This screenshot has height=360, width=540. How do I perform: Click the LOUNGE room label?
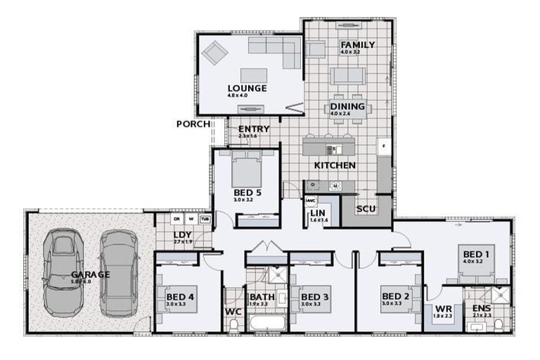(x=246, y=89)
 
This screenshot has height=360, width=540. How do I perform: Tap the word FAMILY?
(x=357, y=45)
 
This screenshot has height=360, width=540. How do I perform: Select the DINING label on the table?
(x=347, y=107)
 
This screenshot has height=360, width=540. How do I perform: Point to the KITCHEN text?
(x=334, y=165)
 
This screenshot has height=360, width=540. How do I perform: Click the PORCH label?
(x=193, y=124)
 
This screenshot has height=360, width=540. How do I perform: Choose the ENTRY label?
(x=253, y=129)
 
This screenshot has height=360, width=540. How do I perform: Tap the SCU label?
(x=366, y=209)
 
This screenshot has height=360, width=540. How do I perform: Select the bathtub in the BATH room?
(x=266, y=323)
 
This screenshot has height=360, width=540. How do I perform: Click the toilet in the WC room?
(x=233, y=323)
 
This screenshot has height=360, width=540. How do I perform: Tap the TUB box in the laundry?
(x=205, y=219)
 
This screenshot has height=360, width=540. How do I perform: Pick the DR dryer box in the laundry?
(x=177, y=219)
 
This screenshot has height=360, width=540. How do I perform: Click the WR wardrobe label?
(x=443, y=309)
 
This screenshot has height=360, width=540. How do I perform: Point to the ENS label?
(x=482, y=309)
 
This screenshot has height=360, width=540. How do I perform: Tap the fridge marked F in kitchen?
(x=383, y=146)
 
